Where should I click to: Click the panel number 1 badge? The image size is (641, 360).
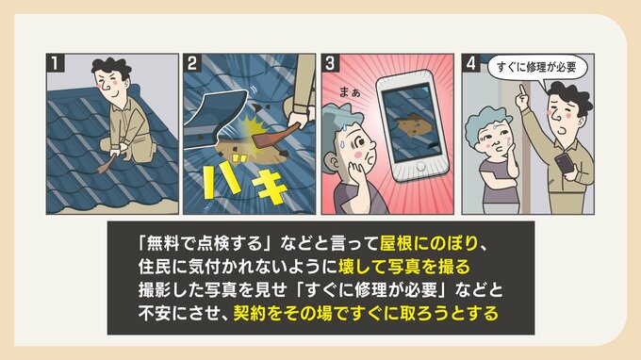click(56, 63)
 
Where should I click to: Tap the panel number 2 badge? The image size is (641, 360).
click(192, 63)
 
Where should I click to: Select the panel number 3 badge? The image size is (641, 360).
click(331, 63)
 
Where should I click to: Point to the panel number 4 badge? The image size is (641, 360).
click(471, 63)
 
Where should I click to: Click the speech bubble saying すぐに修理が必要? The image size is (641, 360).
click(536, 68)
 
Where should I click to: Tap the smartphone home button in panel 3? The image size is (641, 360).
click(419, 167)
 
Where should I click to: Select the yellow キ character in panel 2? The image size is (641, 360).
click(271, 188)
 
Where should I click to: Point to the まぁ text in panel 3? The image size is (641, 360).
click(350, 92)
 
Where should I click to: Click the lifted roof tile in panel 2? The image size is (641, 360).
click(217, 111)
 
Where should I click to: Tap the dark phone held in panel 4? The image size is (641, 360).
click(565, 163)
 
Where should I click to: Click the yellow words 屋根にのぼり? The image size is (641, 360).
click(428, 243)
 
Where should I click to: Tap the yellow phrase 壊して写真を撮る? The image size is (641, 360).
click(403, 267)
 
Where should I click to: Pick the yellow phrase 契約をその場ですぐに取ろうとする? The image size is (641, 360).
click(366, 314)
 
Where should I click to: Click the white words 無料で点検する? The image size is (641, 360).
click(205, 243)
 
